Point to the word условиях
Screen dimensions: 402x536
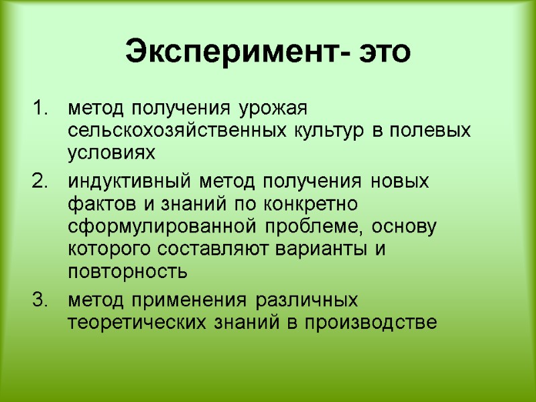tap(111, 154)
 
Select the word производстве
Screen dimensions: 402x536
tap(372, 322)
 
